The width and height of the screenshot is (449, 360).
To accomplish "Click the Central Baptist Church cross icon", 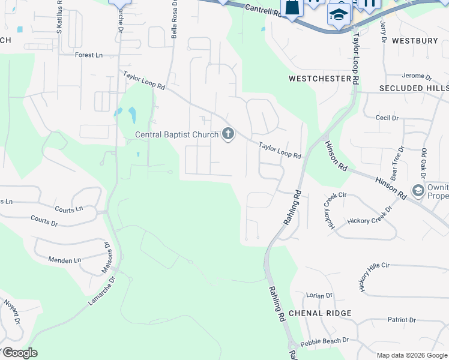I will (x=228, y=134).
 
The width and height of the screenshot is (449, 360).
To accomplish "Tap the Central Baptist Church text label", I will (x=176, y=134).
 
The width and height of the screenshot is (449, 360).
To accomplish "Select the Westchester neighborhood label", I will (x=319, y=79).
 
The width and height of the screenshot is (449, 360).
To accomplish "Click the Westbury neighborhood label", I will (x=415, y=41).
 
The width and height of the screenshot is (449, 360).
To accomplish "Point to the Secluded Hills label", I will (x=414, y=88).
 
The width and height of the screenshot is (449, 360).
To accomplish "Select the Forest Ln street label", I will (x=89, y=55).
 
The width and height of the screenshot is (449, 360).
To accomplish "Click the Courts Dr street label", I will (x=44, y=221).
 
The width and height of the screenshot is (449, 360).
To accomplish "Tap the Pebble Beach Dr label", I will (x=324, y=341).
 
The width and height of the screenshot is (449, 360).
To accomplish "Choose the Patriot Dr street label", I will (x=402, y=320).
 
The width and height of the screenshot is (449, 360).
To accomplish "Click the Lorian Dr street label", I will (x=319, y=296).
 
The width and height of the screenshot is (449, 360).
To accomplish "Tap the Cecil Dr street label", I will (x=387, y=118).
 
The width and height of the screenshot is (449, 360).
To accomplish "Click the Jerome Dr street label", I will (x=417, y=76).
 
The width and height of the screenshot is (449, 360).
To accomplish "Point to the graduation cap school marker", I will (x=339, y=14).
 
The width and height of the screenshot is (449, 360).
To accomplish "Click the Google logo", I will (x=20, y=353).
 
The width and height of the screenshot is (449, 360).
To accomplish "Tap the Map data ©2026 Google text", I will (x=411, y=355).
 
